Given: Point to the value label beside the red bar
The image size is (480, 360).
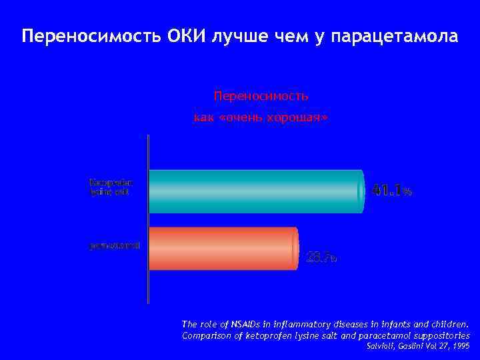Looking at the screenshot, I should coord(321,257).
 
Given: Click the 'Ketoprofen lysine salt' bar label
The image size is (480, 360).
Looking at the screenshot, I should coord(111,187).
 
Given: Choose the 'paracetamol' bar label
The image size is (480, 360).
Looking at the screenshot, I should coord(114,245).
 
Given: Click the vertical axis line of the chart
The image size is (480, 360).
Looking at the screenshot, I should coord(147,220).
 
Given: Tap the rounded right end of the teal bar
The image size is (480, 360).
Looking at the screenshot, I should coord(361,191).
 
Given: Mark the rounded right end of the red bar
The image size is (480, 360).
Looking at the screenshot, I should coord(294,248).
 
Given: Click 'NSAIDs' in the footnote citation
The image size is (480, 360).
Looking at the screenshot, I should coord(241,323).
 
